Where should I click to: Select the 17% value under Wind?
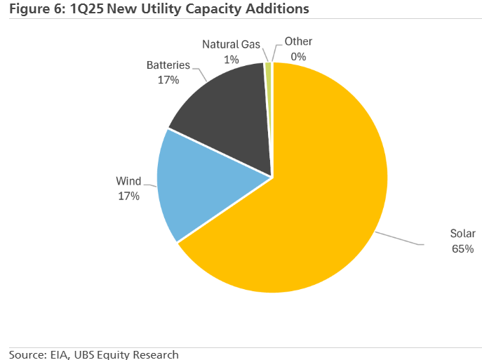(128, 196)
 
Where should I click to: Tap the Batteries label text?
(168, 65)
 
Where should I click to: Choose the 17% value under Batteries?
(168, 80)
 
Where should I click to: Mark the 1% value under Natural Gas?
(232, 60)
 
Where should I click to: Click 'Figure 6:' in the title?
(34, 11)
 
